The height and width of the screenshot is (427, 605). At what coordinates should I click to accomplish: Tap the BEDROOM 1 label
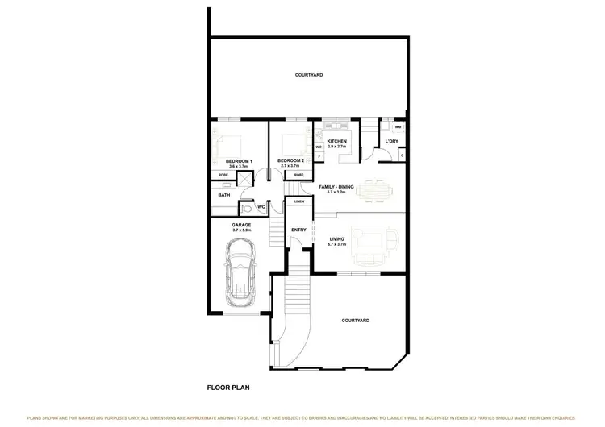point(240,160)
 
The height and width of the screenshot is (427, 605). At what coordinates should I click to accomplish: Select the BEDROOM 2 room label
point(290,160)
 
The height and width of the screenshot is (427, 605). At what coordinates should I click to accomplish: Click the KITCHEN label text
point(336,142)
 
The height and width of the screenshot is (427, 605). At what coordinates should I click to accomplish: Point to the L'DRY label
point(392,142)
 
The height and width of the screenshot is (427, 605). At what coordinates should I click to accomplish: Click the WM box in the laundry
point(398,127)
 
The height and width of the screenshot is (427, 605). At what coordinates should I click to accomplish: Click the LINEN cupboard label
point(299,202)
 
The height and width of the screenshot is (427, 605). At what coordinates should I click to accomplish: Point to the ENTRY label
point(298,230)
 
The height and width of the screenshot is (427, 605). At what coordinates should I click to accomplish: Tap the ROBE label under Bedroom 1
point(223,176)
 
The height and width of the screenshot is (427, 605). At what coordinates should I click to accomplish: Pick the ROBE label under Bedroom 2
point(298,175)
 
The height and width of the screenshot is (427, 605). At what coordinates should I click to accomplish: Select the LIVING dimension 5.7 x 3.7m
point(337,244)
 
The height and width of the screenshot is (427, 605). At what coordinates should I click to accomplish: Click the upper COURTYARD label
point(309,75)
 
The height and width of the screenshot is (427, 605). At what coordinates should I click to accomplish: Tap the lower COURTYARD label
point(356,321)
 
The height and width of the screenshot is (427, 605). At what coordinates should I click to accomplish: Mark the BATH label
point(223,194)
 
